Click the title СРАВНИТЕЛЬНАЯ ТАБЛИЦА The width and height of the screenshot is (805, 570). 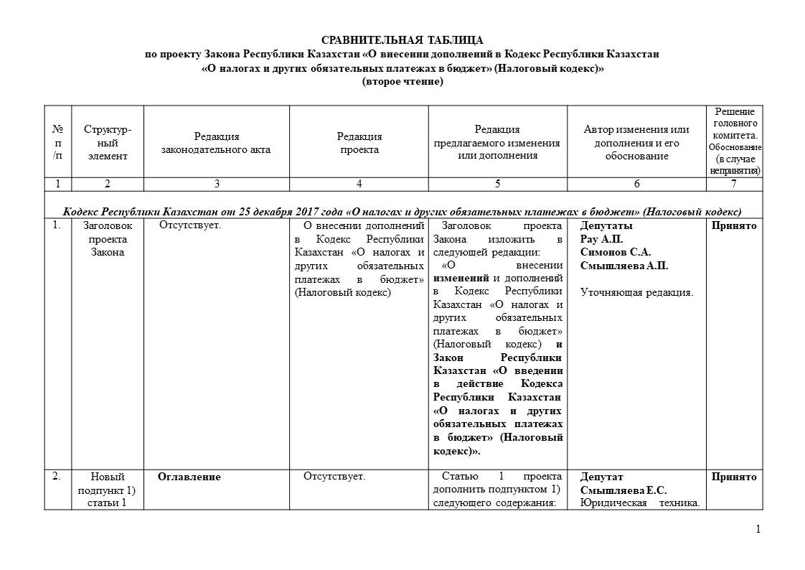point(402,40)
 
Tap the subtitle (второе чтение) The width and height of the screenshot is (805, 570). point(402,82)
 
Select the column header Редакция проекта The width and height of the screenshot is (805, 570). point(359,143)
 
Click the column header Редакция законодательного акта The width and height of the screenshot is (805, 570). point(216,143)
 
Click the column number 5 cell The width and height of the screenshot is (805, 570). point(497,184)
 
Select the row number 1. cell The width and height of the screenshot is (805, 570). point(57,225)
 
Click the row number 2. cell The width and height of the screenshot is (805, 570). point(57,477)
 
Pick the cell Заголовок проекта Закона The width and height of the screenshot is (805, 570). point(107,238)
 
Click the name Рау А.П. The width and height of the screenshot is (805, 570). point(601,239)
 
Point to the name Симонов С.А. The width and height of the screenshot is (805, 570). point(615,252)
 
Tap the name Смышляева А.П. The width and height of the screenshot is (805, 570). point(623,266)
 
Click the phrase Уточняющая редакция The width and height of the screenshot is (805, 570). point(636,292)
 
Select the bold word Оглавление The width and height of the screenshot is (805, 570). point(189,477)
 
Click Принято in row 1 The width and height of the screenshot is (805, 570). point(734,225)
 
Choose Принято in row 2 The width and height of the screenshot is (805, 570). point(734,477)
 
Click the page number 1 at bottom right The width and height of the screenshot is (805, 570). point(758,530)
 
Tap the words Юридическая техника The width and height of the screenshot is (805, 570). point(639,503)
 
